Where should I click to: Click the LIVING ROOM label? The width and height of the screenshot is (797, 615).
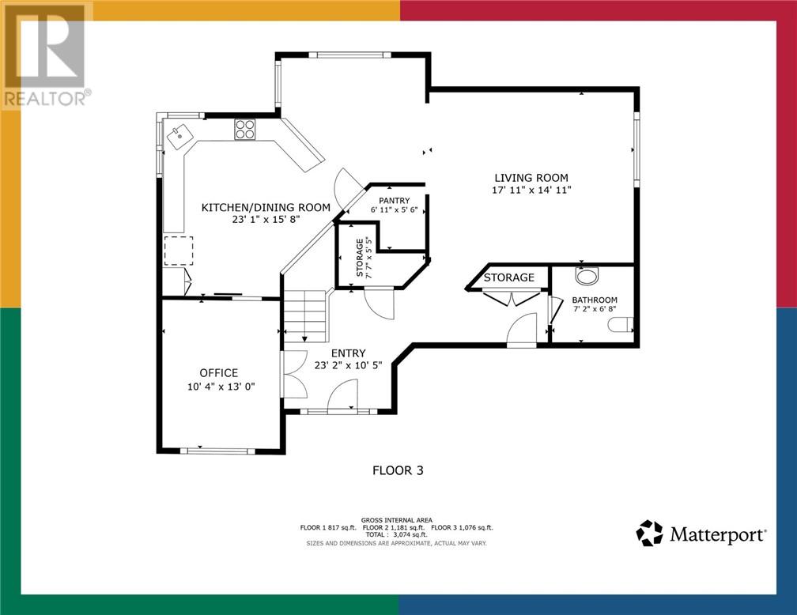(x=531, y=178)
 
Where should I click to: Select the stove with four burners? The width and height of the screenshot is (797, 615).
(x=244, y=129)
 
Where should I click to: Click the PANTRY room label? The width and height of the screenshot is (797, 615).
(x=394, y=201)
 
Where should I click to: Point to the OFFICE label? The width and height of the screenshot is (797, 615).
(x=218, y=373)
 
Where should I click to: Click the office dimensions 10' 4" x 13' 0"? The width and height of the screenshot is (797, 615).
(x=221, y=387)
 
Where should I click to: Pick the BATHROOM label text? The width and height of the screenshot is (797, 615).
(x=595, y=300)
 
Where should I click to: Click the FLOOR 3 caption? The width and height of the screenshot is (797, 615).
(x=398, y=470)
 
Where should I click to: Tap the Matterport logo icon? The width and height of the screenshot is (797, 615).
(x=650, y=533)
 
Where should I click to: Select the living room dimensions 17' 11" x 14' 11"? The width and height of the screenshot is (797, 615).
(x=531, y=190)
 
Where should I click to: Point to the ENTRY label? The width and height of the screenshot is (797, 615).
(x=348, y=353)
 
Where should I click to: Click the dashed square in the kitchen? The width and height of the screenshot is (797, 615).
(x=179, y=251)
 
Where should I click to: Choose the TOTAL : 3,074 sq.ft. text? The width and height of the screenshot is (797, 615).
(x=396, y=534)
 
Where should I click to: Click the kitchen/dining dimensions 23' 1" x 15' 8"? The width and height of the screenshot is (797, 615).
(x=266, y=220)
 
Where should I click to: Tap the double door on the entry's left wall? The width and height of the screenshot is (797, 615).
(x=295, y=374)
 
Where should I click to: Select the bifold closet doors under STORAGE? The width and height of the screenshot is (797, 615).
(x=512, y=297)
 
